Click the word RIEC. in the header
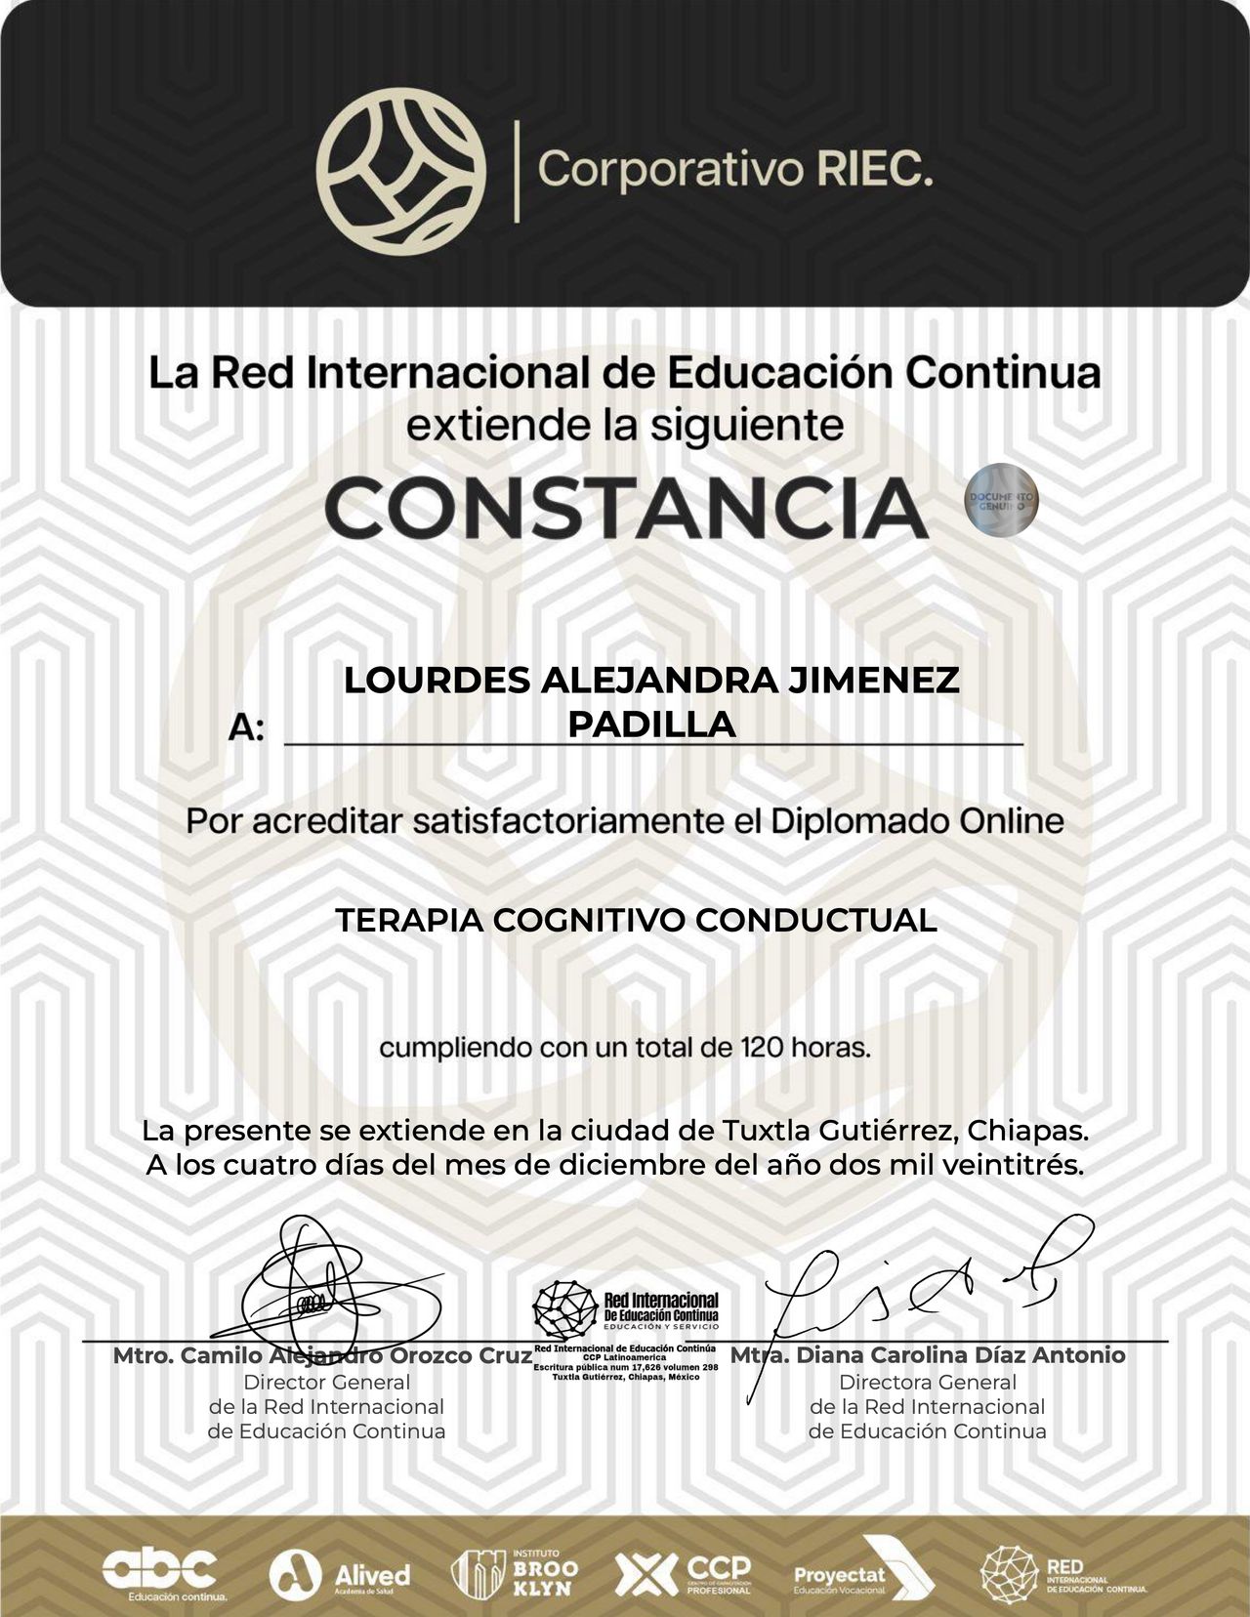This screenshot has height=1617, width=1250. coord(868,171)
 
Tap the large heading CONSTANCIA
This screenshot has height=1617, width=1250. coord(625,508)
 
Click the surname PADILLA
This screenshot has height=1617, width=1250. coord(651,725)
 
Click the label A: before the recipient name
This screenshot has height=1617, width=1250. coord(246,727)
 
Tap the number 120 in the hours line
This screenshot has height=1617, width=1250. coord(759,1049)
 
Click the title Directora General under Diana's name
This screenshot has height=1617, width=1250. coord(927,1383)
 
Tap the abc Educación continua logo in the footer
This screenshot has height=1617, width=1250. coord(161,1572)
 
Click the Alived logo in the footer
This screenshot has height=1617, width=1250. coord(341,1574)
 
